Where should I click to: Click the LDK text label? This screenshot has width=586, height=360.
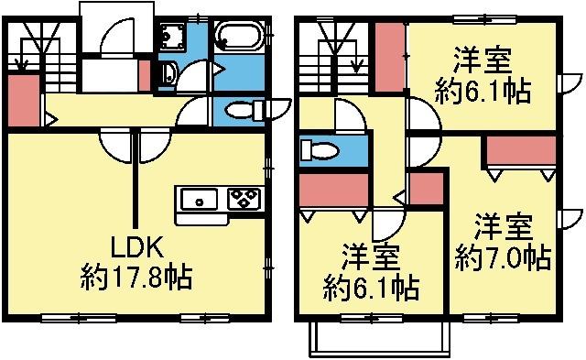pos(136,246)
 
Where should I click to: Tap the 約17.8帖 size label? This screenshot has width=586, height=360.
pos(136,276)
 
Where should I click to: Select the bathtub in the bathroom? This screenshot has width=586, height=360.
pos(240,39)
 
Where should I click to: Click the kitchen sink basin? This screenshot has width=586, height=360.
pos(198,199)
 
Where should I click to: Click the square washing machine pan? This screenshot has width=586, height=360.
pos(171,38)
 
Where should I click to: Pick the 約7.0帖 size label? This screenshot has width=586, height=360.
pos(503,256)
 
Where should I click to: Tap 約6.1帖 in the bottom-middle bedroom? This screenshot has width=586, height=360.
pos(371,288)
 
